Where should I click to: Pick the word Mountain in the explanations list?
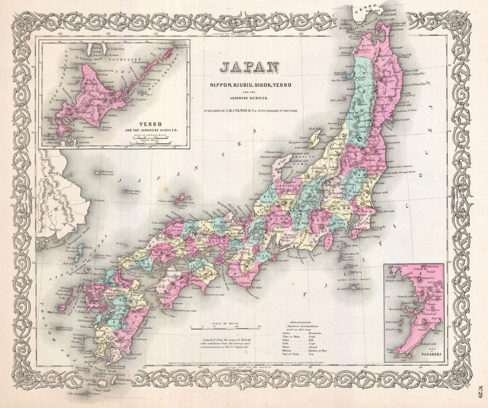(x=315, y=334)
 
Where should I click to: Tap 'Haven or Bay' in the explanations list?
(x=318, y=350)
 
